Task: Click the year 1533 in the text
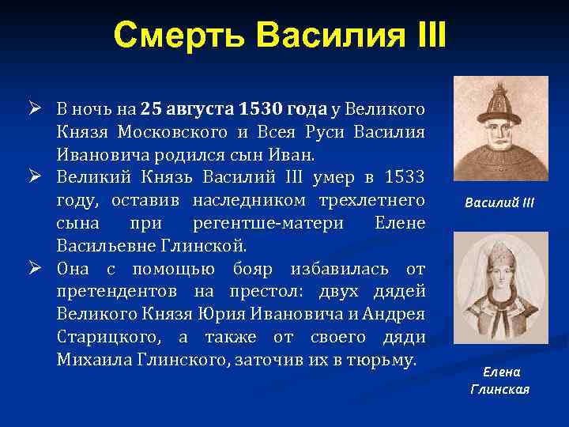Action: click(x=405, y=174)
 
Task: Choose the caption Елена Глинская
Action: click(x=499, y=380)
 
